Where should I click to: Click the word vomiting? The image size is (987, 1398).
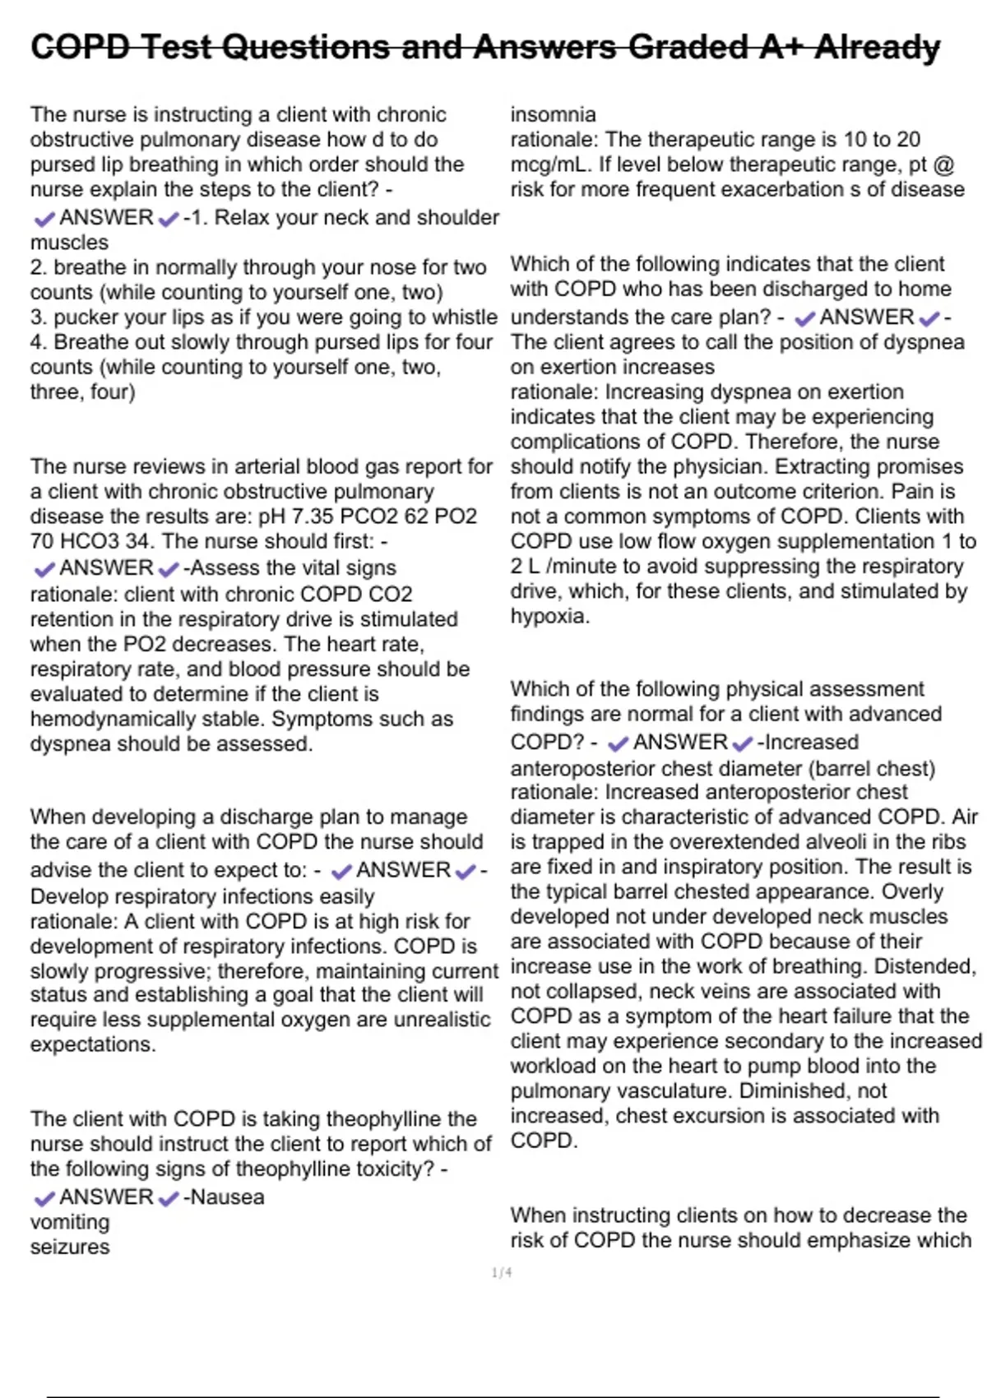click(x=70, y=1222)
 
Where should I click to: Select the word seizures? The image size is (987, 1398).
click(x=70, y=1247)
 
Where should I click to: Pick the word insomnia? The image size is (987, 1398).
click(x=553, y=114)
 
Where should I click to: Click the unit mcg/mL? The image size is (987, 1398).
click(x=549, y=164)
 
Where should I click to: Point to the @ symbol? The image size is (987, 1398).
click(x=944, y=164)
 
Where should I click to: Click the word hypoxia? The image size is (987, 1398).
click(x=549, y=617)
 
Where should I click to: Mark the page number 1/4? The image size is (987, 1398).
click(x=502, y=1273)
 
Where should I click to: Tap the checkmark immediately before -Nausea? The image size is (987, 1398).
click(x=169, y=1198)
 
